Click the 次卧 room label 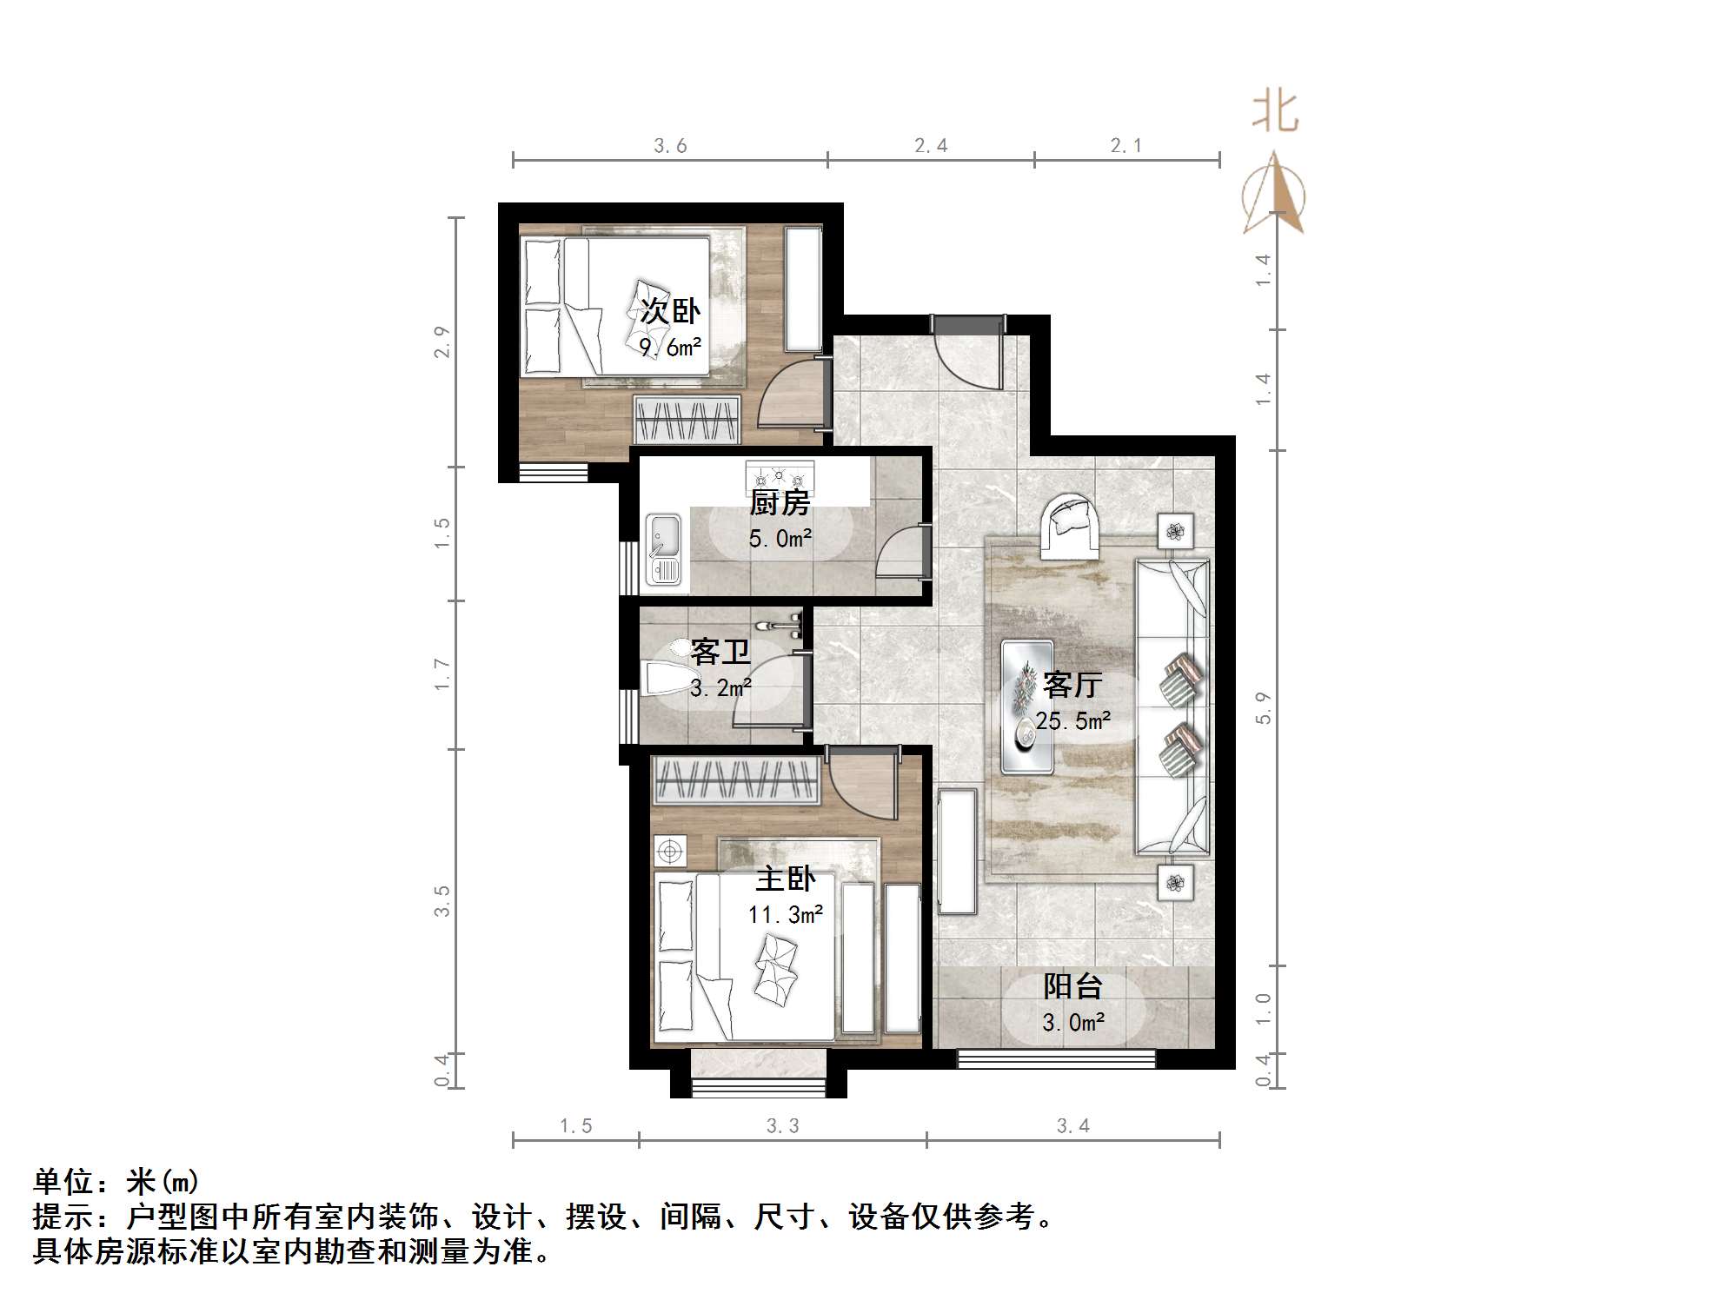(670, 311)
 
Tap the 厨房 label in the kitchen (780, 502)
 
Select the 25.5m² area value (1072, 721)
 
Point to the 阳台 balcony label (1072, 986)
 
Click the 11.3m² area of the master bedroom (785, 915)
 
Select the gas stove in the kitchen (780, 475)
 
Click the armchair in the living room (1070, 524)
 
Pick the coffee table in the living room (1026, 706)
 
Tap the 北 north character (1275, 113)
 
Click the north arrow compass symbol (1273, 195)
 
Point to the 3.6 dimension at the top (670, 146)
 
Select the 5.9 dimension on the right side (1263, 707)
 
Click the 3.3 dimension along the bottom (782, 1126)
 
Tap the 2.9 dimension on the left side (442, 342)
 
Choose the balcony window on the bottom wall (1056, 1058)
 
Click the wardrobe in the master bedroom (736, 779)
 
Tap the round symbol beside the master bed (670, 852)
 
